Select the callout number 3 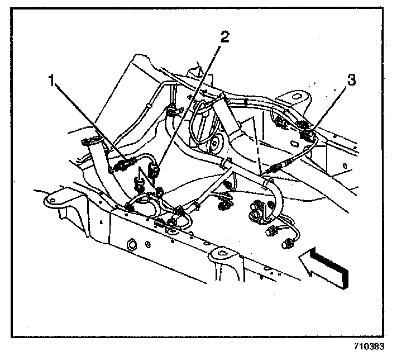[x=350, y=79]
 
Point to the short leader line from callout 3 [x=329, y=106]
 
